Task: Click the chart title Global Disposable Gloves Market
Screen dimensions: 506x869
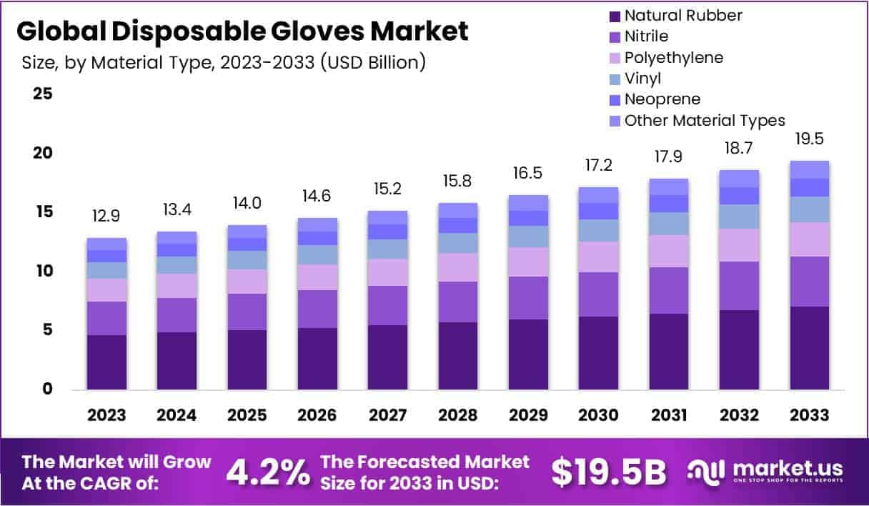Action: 242,31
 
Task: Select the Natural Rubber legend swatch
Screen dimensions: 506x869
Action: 613,16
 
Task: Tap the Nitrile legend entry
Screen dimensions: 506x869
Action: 646,36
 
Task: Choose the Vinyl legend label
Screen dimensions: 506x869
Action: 642,79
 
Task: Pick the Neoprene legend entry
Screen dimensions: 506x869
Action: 662,99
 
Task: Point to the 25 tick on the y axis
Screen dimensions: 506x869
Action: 43,94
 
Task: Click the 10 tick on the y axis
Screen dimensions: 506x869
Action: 43,271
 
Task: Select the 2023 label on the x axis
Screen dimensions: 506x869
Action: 106,416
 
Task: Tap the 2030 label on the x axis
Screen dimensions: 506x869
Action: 598,416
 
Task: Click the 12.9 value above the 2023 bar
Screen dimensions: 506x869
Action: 106,216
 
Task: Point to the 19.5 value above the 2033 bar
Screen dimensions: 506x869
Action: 810,139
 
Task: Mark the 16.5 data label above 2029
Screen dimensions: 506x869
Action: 528,174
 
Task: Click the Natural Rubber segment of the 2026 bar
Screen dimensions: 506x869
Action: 317,359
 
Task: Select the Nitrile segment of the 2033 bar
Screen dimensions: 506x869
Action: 810,282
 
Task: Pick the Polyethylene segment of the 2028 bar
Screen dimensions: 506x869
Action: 458,267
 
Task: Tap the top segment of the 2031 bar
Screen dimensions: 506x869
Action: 669,187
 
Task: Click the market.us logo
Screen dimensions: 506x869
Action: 765,471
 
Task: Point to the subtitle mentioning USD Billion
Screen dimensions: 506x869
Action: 224,63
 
